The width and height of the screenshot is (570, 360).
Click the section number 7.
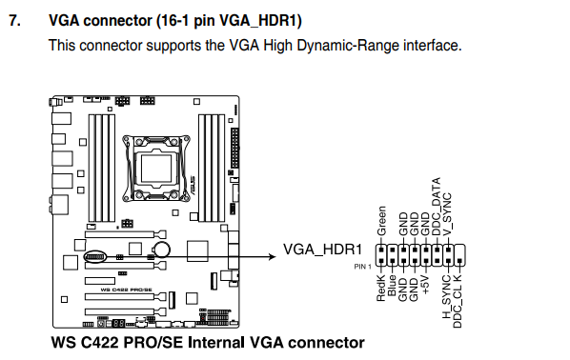click(14, 20)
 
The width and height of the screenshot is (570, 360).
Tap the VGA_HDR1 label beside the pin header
click(322, 250)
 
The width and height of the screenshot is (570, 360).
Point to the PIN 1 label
click(363, 267)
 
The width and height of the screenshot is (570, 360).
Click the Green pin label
click(381, 221)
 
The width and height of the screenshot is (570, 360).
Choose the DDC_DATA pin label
click(436, 207)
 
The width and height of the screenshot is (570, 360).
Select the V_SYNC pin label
click(447, 214)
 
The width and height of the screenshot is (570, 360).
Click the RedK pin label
click(380, 288)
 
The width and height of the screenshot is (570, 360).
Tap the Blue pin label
click(392, 286)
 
